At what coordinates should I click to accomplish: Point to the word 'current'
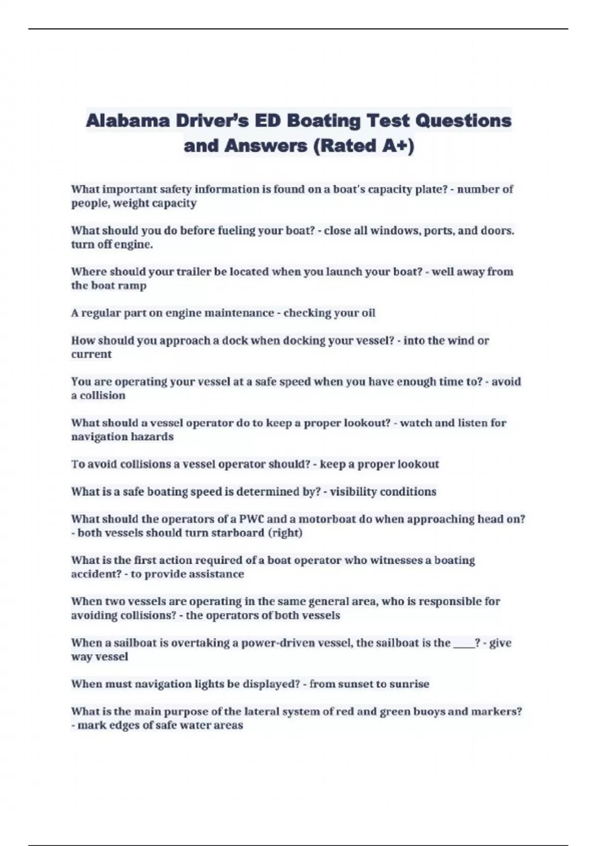pos(91,354)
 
